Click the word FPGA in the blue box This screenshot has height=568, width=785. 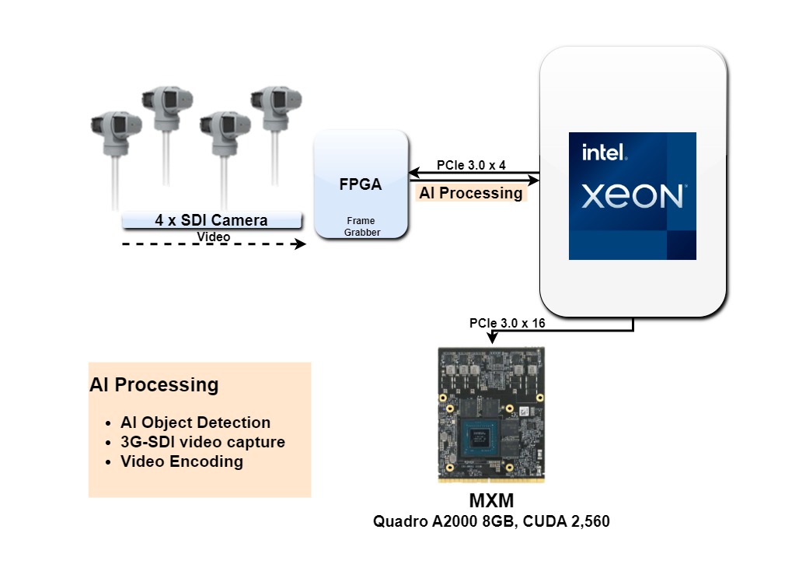pos(360,185)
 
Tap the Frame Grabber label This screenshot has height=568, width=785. pos(360,226)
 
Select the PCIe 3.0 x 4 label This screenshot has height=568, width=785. pos(471,165)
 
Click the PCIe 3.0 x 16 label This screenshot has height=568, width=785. pos(507,323)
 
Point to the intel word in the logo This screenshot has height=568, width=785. pos(603,153)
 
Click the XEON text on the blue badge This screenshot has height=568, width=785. pos(633,196)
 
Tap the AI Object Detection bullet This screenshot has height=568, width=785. pos(195,422)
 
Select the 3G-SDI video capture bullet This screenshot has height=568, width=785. pos(202,442)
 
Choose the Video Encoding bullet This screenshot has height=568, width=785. pos(181,461)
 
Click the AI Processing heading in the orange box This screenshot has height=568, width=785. pos(154,384)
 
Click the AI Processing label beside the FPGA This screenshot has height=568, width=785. pos(471,193)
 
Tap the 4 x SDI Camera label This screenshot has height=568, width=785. pos(211,220)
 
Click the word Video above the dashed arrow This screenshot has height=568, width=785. pos(213,236)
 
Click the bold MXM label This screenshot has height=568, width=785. pos(491,500)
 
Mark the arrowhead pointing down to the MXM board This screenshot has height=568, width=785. pos(491,339)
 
